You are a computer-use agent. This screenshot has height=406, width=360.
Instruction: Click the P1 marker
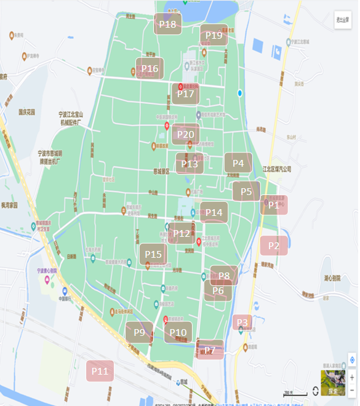click(274, 205)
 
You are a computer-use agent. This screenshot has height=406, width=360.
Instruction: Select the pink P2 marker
click(274, 245)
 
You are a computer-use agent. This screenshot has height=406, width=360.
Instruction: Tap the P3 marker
click(242, 322)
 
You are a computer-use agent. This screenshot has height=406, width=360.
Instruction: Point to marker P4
click(238, 163)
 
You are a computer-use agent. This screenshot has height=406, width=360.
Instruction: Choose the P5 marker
click(246, 191)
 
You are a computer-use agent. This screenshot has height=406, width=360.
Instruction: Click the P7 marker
click(210, 350)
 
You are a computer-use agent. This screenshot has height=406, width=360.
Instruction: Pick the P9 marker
click(139, 332)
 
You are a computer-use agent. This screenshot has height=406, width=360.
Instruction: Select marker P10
click(178, 332)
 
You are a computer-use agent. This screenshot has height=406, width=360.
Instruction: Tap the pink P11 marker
click(100, 371)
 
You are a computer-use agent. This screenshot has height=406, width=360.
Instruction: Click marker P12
click(182, 233)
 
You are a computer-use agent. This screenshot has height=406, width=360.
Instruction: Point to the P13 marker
click(190, 164)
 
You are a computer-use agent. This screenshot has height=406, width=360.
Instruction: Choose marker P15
click(153, 254)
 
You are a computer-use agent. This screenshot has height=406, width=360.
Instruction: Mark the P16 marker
click(150, 68)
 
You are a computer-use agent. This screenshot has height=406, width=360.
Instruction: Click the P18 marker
click(167, 25)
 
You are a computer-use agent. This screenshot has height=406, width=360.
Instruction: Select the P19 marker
click(214, 35)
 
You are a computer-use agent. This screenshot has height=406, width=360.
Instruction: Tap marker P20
click(185, 134)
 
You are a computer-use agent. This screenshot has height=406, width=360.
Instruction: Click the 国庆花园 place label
click(26, 113)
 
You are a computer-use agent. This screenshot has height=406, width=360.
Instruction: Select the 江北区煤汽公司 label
click(276, 168)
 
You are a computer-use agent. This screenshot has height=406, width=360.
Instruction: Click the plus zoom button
click(352, 376)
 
